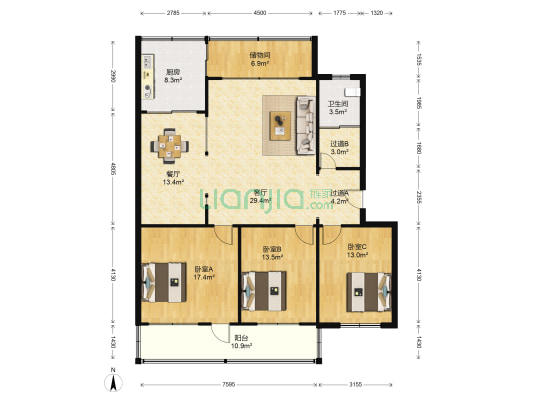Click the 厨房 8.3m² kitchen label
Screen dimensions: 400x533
[173, 75]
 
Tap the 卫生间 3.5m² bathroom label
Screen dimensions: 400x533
[338, 107]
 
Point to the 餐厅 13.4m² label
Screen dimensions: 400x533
[174, 178]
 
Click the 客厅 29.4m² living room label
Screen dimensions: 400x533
[263, 197]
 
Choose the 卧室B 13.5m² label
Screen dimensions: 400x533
[273, 253]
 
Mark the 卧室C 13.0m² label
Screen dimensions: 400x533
[357, 251]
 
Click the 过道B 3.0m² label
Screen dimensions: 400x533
[338, 148]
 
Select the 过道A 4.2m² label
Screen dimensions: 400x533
[340, 197]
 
